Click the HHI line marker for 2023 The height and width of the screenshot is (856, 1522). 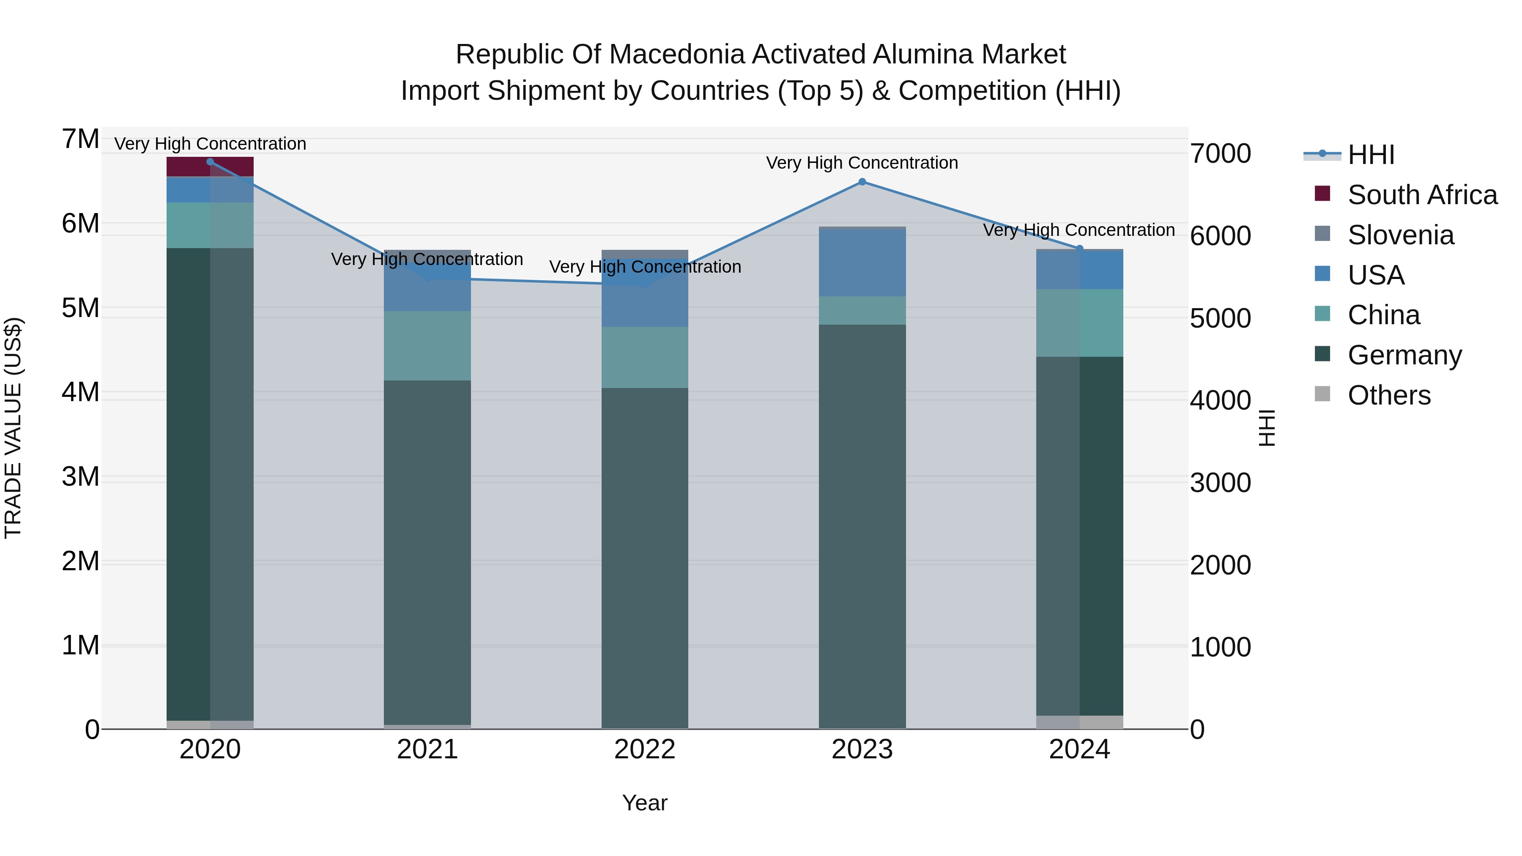862,182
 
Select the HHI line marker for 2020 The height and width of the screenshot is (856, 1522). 211,162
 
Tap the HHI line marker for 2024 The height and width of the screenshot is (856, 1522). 1079,249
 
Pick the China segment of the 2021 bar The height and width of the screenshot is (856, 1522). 427,346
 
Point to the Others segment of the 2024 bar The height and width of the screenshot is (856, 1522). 1079,722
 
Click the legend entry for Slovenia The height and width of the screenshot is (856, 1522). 1400,235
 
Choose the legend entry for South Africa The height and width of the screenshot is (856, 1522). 1422,195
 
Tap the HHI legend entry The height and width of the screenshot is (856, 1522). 1371,155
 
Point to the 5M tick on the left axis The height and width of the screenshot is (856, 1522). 81,308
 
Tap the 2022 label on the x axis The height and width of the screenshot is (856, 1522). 645,749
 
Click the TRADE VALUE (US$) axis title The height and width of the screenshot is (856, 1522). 14,428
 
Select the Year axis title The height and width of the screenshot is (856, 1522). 645,803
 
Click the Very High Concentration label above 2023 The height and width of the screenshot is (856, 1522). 862,163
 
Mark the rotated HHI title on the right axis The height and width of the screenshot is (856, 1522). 1267,428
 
